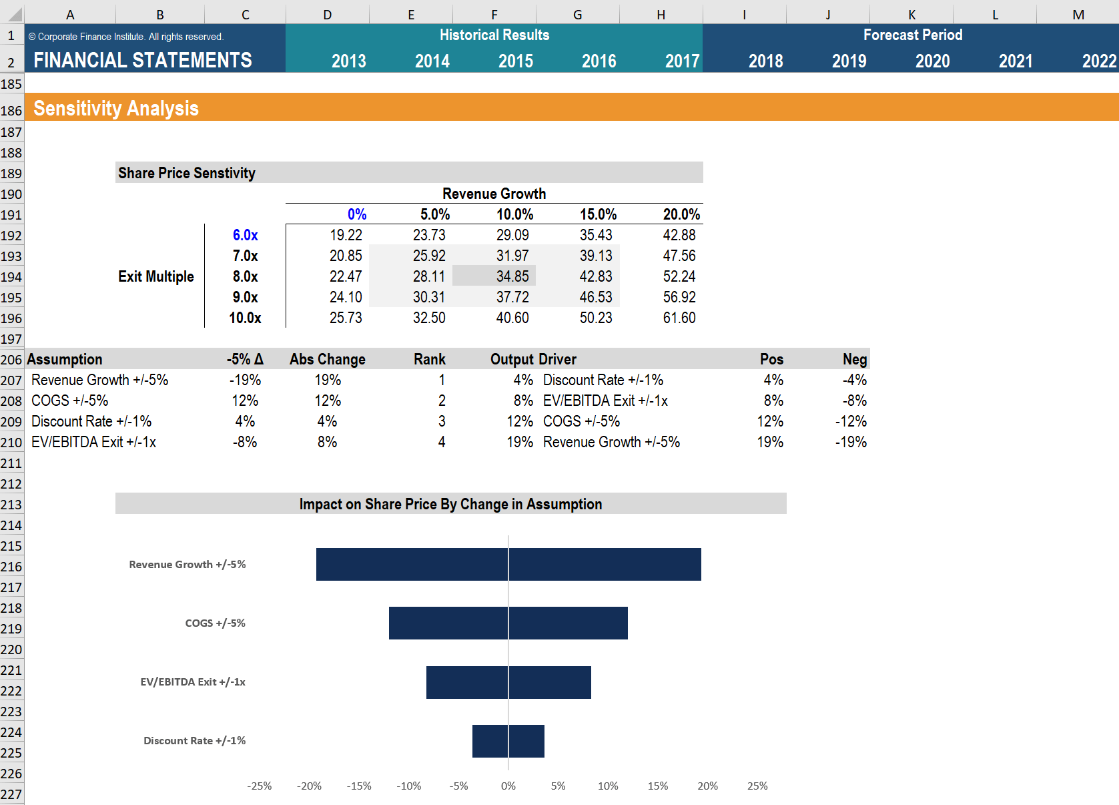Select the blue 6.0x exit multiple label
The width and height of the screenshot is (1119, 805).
tap(245, 235)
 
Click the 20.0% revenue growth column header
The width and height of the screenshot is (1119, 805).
tap(681, 214)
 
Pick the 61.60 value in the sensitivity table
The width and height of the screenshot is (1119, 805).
tap(679, 318)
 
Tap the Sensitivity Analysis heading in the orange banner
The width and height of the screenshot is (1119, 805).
tap(116, 108)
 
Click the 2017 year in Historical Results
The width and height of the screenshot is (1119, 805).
tap(681, 61)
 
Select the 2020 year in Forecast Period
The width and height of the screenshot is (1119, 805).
tap(931, 61)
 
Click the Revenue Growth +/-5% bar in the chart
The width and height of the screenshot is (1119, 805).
tap(508, 564)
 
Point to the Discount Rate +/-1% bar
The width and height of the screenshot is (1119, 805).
tap(508, 741)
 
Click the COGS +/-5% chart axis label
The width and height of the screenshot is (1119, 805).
tap(215, 623)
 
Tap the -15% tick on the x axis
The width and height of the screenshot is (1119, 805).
tap(359, 786)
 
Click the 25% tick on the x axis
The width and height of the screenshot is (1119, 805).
tap(757, 786)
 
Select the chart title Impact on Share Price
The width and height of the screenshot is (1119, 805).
tap(450, 504)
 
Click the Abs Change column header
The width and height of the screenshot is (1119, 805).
tap(327, 359)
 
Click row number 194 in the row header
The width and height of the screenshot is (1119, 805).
tap(11, 277)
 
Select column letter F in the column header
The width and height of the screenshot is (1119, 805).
tap(494, 15)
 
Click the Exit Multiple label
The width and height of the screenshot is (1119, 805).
tap(156, 276)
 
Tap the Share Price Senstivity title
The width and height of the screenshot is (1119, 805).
tap(187, 173)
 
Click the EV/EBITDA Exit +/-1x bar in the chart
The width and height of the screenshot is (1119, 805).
tap(508, 682)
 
